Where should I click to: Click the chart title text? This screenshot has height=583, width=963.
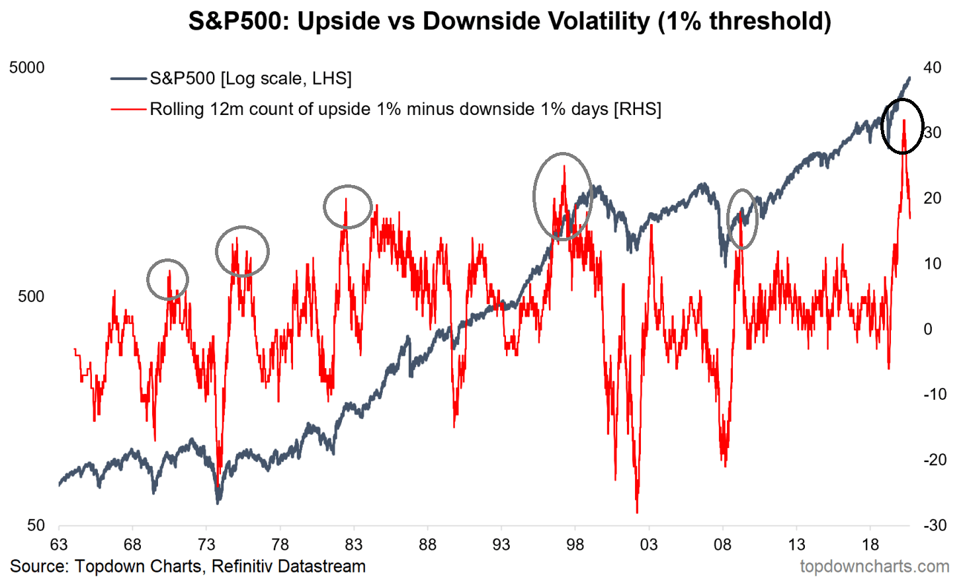click(x=509, y=21)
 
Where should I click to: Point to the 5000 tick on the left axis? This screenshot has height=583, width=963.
click(x=27, y=68)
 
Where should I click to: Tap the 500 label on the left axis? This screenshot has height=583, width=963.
click(x=31, y=297)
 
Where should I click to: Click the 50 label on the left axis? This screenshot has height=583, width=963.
click(x=36, y=525)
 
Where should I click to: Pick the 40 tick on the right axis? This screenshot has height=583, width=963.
click(x=932, y=67)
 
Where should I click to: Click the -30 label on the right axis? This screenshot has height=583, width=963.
click(x=935, y=525)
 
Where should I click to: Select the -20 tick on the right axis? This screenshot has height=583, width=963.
click(x=935, y=460)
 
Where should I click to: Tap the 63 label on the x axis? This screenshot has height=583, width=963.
click(x=59, y=545)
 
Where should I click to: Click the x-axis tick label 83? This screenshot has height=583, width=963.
click(x=354, y=545)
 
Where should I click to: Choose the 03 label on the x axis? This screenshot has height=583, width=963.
click(x=649, y=545)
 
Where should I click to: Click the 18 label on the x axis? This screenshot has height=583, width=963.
click(x=870, y=545)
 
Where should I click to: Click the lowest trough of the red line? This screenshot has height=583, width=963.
click(x=637, y=512)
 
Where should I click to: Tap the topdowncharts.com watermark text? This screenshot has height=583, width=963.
click(x=874, y=566)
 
